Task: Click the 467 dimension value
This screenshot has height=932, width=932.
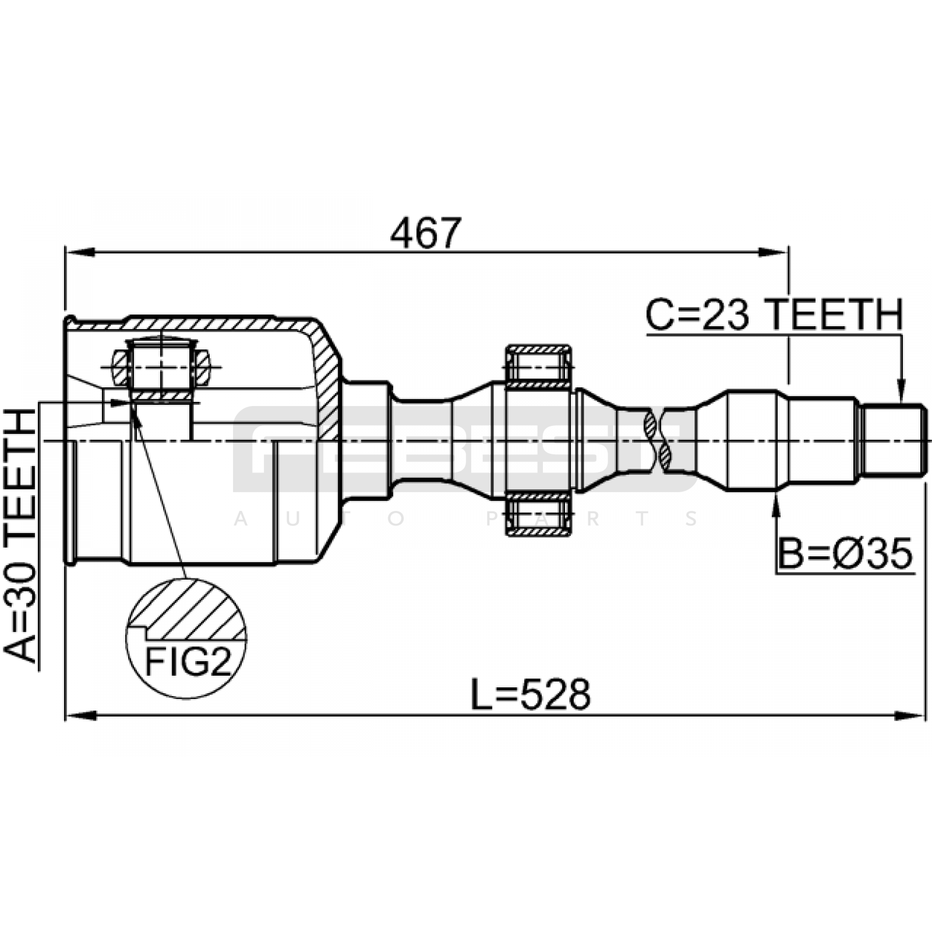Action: click(x=426, y=233)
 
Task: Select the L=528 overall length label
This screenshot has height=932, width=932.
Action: click(x=531, y=695)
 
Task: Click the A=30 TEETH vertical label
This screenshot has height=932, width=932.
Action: click(x=21, y=536)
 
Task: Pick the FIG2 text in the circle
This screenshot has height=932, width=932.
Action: click(x=188, y=662)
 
